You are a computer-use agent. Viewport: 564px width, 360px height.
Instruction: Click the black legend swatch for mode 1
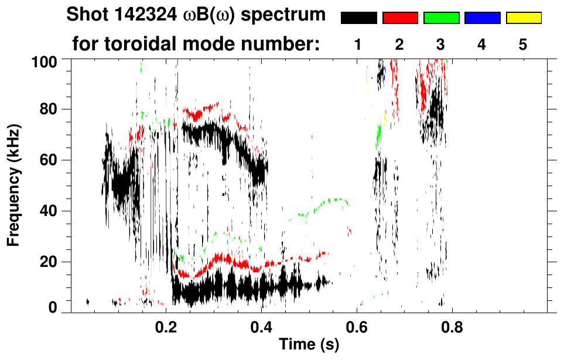pos(359,18)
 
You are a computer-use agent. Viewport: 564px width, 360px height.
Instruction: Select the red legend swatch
pos(400,18)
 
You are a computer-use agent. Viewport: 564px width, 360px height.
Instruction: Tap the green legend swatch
pos(441,18)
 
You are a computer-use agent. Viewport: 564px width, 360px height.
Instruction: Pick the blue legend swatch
pos(482,18)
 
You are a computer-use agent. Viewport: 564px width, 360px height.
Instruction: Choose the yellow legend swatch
pos(523,18)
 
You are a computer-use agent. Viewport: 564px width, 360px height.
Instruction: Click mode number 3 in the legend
pos(440,44)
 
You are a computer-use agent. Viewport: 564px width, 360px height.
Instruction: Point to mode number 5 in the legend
pos(523,44)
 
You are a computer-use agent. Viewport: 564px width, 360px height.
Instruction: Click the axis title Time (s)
pos(309,345)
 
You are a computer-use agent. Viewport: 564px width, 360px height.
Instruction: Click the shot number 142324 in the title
pos(148,15)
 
